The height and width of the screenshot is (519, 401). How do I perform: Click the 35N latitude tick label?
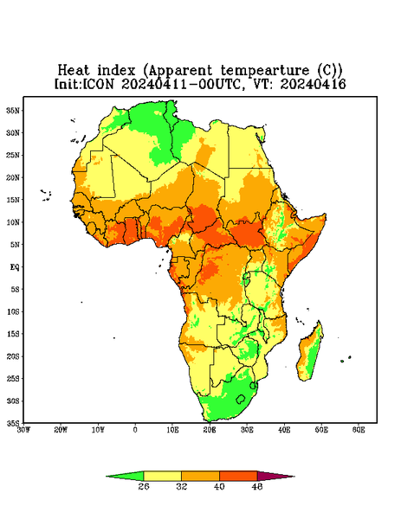13,110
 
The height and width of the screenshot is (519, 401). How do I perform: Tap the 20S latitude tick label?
13,356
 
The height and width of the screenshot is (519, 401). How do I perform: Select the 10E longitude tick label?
172,430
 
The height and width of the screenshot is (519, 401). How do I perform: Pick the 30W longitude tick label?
23,430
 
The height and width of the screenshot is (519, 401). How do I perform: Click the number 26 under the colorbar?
144,486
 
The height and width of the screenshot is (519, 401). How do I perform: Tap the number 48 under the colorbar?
257,486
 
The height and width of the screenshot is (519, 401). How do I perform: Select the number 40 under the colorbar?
219,486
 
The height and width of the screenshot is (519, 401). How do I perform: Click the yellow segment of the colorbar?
162,476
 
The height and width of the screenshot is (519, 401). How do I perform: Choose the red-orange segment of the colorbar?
238,476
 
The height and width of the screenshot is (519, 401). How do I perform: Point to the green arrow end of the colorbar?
125,476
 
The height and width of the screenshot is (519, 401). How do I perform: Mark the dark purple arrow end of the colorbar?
275,476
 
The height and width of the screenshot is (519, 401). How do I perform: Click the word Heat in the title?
74,71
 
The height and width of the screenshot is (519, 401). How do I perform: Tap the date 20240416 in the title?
313,84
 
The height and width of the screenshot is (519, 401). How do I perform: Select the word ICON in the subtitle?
98,84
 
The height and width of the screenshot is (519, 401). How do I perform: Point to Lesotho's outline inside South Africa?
241,399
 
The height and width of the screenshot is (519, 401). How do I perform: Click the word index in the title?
117,71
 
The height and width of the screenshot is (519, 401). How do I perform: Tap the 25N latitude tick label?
13,155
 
